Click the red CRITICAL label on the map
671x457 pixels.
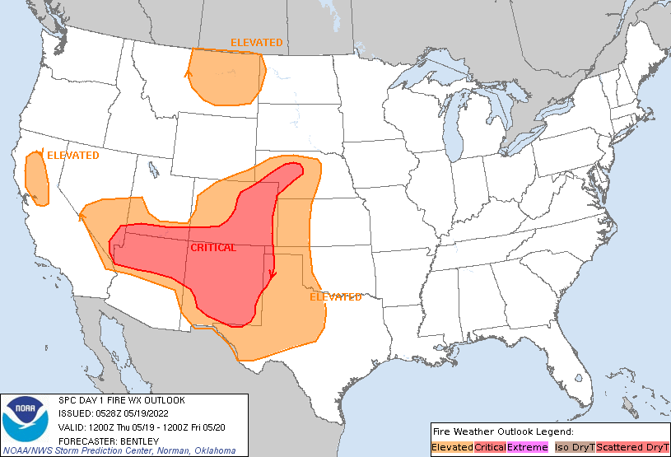[213, 248]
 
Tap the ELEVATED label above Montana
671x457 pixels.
[256, 43]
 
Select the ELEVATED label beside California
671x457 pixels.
[72, 155]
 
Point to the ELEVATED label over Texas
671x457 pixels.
[336, 297]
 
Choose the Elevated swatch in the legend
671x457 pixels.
[452, 447]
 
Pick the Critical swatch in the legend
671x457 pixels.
[490, 447]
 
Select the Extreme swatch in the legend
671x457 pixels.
[527, 447]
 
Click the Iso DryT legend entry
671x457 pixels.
[573, 447]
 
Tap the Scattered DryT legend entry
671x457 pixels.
[631, 447]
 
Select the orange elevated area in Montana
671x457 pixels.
[226, 77]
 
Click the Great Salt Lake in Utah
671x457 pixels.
[154, 170]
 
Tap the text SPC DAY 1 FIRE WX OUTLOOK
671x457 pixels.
[122, 400]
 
